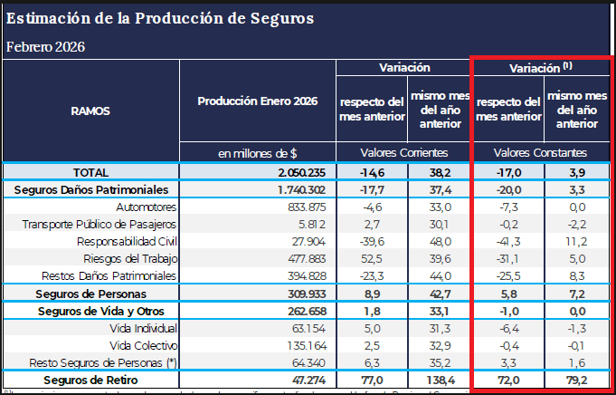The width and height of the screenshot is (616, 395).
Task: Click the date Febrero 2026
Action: [45, 46]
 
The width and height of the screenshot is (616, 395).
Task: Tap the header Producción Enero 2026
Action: [257, 101]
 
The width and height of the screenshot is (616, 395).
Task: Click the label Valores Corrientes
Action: [405, 153]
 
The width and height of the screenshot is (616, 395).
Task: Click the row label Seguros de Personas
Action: [90, 294]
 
